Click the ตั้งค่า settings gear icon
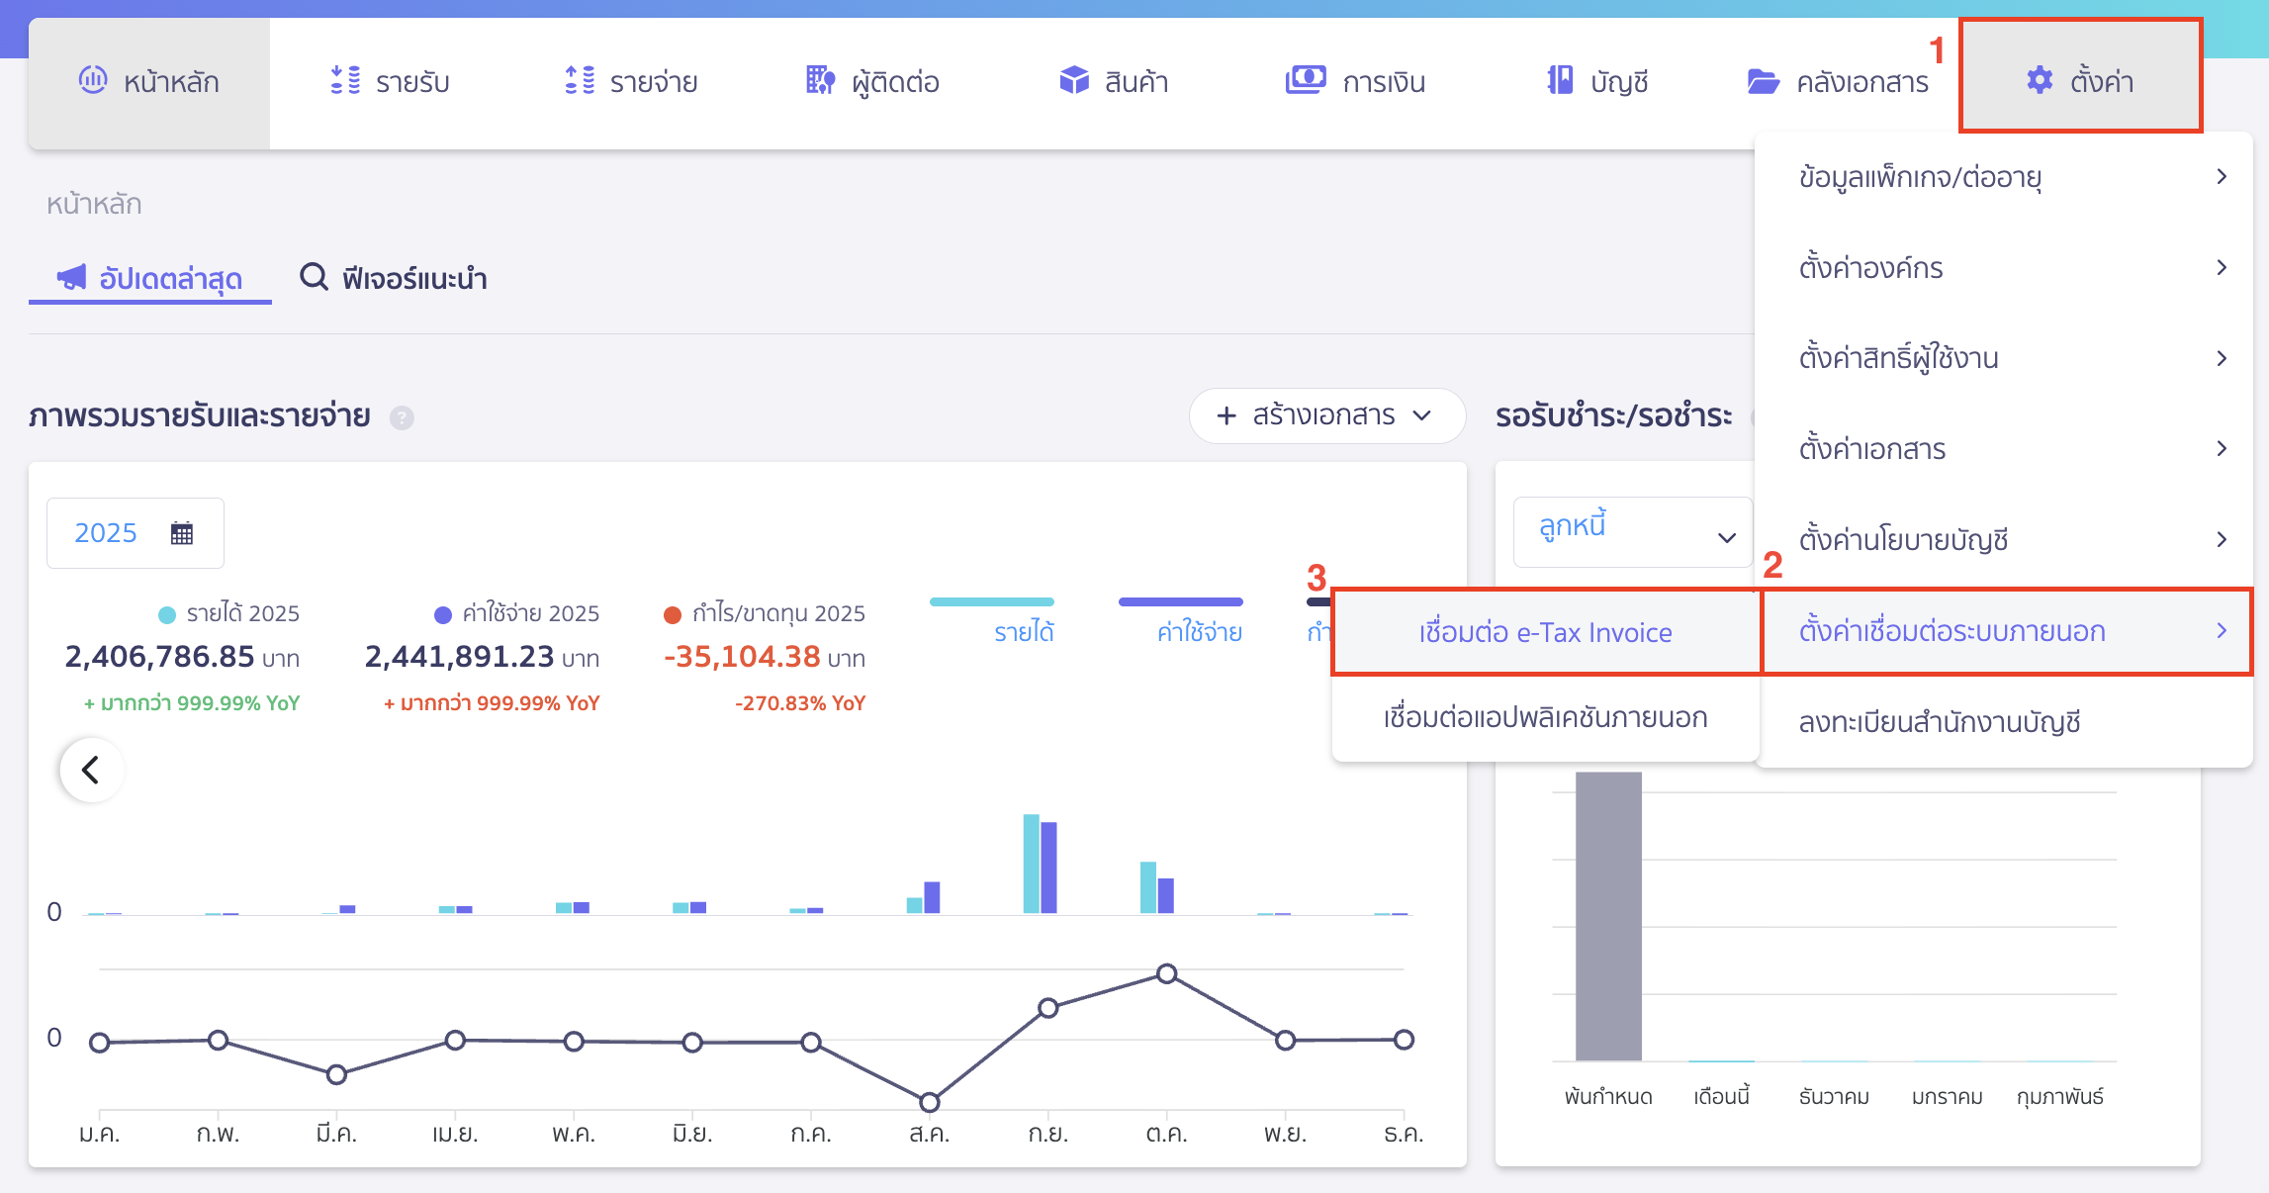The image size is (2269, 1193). click(x=2040, y=80)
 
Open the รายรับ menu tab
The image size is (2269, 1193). click(x=390, y=81)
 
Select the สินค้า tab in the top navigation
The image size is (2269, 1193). click(x=1114, y=81)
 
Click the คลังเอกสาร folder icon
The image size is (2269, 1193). click(x=1763, y=81)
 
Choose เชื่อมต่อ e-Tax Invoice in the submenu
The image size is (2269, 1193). click(x=1545, y=632)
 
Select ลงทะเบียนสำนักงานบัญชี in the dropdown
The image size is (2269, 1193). click(x=1939, y=722)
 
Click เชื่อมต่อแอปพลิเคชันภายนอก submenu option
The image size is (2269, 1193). click(x=1545, y=717)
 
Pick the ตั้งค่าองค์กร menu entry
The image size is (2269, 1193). click(x=1870, y=268)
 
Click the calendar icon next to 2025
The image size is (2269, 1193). click(x=182, y=533)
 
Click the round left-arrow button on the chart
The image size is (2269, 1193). click(x=91, y=770)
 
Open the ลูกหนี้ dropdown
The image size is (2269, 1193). click(x=1632, y=532)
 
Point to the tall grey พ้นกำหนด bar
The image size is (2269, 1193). click(x=1608, y=915)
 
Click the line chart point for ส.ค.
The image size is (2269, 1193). click(x=929, y=1102)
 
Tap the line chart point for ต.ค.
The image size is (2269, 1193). click(x=1167, y=974)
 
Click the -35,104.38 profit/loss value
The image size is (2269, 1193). click(x=742, y=657)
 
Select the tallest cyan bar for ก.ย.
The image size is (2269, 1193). click(x=1031, y=863)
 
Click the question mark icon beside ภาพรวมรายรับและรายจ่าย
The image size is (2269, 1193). click(x=402, y=417)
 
